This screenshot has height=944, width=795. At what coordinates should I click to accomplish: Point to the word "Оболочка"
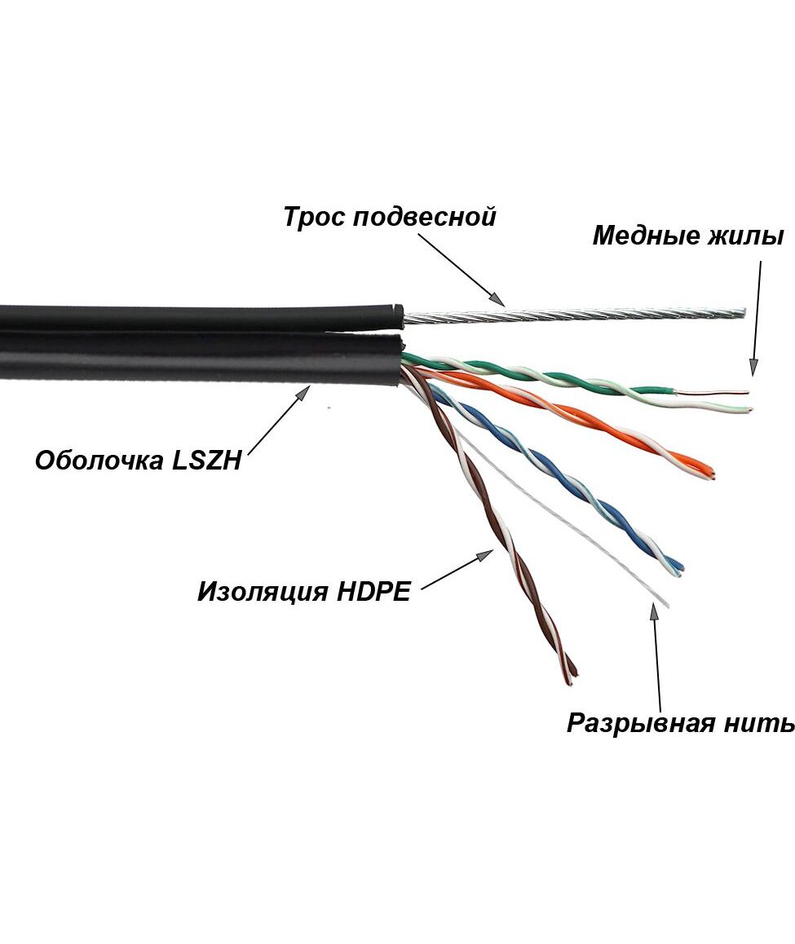[99, 461]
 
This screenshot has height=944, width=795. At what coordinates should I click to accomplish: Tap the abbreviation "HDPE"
[374, 591]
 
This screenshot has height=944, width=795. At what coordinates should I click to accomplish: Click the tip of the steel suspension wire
[744, 311]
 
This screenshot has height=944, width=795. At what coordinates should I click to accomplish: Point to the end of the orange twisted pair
[712, 474]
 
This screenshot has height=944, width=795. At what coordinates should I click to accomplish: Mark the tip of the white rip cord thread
[667, 604]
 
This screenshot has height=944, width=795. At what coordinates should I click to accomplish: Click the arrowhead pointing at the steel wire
[499, 300]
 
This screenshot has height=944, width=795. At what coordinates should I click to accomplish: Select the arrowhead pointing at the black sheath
[305, 392]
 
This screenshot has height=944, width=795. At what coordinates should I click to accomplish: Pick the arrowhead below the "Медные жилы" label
[753, 368]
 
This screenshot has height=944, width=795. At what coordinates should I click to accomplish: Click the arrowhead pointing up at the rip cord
[653, 610]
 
